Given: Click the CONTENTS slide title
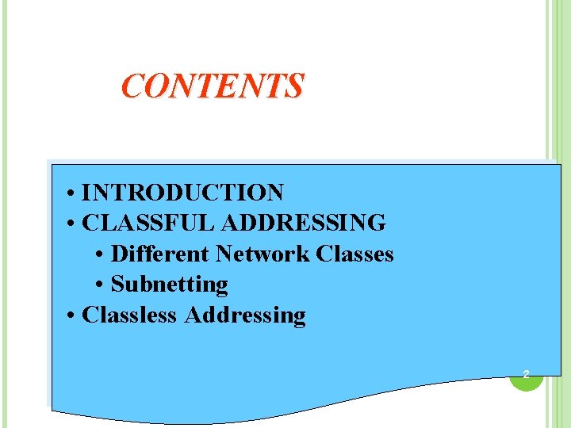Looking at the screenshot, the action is [x=212, y=86].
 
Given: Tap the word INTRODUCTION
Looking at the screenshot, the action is [x=182, y=193].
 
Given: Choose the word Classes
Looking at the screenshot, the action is [x=354, y=254].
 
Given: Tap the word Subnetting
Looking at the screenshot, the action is [x=169, y=284].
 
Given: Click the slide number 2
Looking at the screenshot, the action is [x=525, y=373].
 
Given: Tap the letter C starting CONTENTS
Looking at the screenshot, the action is [x=132, y=86].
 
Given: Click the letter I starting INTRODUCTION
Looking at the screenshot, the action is [x=86, y=193].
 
